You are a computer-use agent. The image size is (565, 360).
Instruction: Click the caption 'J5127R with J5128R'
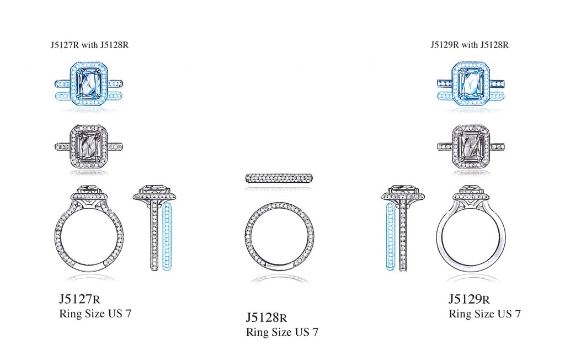click(x=89, y=45)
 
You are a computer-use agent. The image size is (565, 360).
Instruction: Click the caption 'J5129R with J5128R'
click(x=470, y=45)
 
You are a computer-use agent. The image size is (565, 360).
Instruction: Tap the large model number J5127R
click(x=79, y=299)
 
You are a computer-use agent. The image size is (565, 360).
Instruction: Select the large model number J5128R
click(x=266, y=317)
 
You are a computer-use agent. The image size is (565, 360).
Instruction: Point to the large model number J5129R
click(x=469, y=299)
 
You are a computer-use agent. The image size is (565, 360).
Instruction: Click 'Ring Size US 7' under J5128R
click(x=282, y=332)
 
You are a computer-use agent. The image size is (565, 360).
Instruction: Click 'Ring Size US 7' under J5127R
click(x=95, y=314)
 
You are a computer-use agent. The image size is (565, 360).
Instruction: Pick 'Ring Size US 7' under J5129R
click(x=484, y=314)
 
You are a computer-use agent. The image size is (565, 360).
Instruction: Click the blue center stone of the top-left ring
click(x=89, y=84)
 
